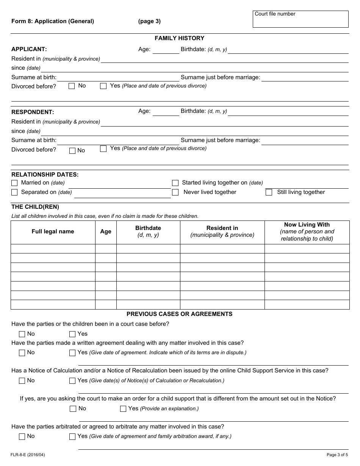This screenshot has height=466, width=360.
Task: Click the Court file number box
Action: point(301,19)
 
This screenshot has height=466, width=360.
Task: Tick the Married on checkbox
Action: point(14,183)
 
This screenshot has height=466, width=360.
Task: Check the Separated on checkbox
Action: point(14,192)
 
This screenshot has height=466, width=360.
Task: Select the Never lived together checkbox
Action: point(175,192)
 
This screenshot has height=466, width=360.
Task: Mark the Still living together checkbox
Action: point(269,192)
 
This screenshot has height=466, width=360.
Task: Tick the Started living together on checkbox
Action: point(175,183)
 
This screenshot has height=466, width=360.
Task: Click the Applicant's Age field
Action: point(166,50)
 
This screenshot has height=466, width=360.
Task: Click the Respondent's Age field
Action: point(166,112)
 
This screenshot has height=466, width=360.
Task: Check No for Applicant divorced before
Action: point(72,86)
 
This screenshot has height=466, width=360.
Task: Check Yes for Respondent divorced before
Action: point(103,149)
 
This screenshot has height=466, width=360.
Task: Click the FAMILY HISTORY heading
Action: point(179,38)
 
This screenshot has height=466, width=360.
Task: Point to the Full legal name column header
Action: point(53,231)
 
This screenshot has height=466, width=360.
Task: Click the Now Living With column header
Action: point(307,231)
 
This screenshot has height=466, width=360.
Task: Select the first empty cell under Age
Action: point(106,249)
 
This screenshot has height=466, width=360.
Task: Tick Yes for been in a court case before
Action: point(72,334)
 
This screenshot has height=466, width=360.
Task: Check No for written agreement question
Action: point(22,353)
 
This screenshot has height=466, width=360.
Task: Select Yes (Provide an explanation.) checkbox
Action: point(123,409)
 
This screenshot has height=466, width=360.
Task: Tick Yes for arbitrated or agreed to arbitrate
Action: point(72,437)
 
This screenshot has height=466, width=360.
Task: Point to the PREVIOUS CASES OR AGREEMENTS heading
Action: point(179,314)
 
